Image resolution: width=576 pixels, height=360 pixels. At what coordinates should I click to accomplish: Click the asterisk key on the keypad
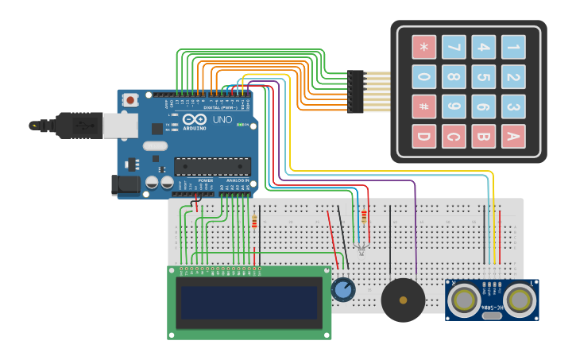424,48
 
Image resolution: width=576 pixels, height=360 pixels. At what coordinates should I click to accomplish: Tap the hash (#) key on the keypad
424,106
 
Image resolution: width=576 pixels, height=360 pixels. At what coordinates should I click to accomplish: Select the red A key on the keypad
512,137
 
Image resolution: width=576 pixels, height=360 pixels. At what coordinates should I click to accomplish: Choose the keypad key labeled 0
424,77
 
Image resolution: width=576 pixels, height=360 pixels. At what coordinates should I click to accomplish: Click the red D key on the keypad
424,137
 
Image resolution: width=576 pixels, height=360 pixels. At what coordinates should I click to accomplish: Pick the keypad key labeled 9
454,106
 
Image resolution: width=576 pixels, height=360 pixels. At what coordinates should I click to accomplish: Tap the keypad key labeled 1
512,48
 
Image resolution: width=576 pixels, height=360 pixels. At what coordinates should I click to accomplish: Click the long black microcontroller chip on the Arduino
212,166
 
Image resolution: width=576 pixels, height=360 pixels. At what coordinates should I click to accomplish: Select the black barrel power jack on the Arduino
126,185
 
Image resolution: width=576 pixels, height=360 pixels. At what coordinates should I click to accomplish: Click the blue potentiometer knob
343,289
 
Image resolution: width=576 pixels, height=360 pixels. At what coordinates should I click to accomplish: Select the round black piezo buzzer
403,300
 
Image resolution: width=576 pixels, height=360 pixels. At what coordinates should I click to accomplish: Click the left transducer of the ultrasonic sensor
463,300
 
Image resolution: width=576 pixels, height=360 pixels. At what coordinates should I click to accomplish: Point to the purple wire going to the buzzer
415,230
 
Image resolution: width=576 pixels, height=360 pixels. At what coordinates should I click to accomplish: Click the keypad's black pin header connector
355,91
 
